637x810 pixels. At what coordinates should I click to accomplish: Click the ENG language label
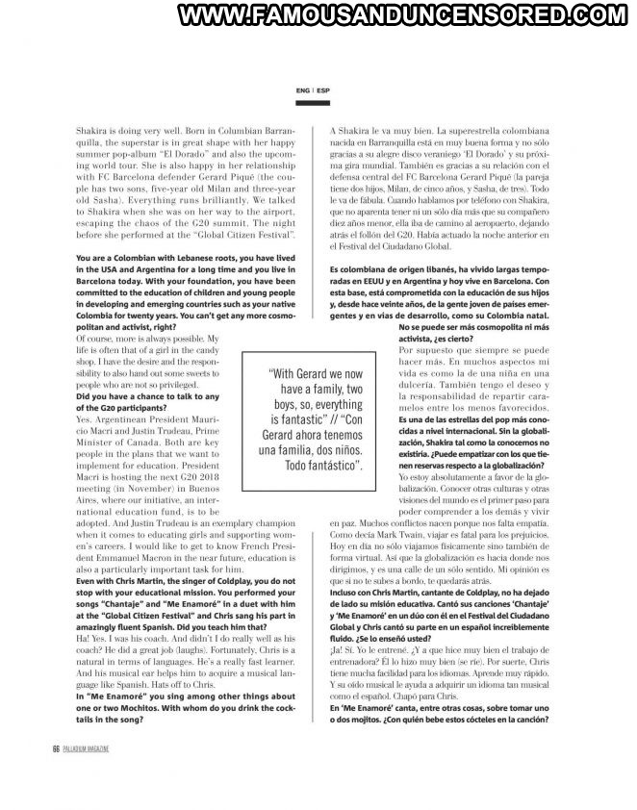tap(302, 91)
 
